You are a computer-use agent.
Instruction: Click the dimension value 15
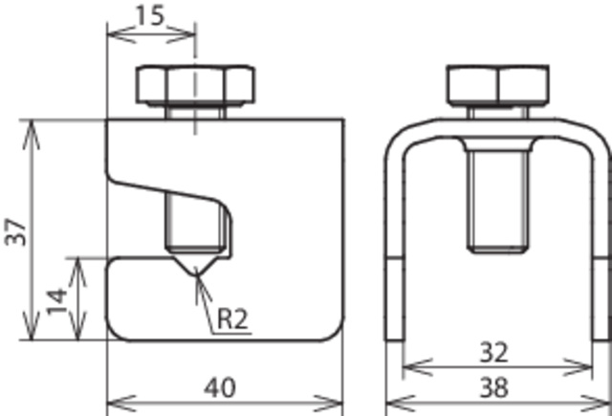tap(149, 16)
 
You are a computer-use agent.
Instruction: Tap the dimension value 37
tap(15, 231)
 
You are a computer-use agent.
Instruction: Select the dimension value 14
tap(57, 301)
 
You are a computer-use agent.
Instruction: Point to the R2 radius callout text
tap(232, 318)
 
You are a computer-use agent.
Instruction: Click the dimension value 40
tap(220, 388)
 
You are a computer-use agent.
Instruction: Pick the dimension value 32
tap(493, 352)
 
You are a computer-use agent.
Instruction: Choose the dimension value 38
tap(493, 387)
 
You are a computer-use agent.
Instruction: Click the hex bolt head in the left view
tap(195, 85)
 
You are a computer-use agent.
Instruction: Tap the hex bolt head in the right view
tap(498, 86)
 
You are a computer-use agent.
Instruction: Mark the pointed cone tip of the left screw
tap(196, 274)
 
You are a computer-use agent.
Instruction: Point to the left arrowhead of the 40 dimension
tap(121, 403)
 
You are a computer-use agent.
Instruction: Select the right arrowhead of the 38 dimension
tap(596, 403)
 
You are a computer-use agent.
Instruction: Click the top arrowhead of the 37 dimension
tap(32, 135)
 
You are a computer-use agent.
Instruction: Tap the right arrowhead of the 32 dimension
tap(578, 367)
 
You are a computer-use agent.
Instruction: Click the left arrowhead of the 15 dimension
tap(121, 34)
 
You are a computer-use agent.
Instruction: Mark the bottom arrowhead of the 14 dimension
tap(77, 326)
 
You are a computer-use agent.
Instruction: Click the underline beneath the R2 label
tap(231, 334)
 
